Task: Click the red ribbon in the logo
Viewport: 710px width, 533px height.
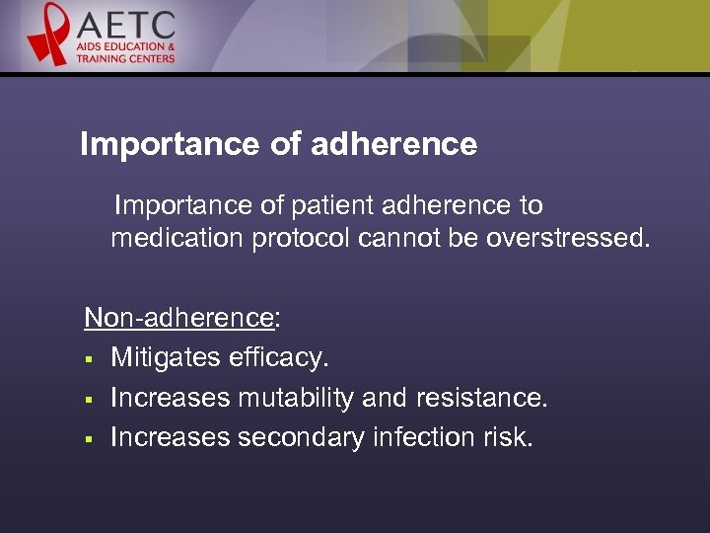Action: [47, 34]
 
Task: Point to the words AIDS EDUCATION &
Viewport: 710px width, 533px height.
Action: [127, 46]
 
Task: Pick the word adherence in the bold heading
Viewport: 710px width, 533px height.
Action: [393, 145]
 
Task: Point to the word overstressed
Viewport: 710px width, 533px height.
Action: [568, 238]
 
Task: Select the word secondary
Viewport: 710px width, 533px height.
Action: [302, 437]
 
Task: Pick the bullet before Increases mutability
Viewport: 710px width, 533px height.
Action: [88, 399]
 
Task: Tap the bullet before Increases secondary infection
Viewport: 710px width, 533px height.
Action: [88, 439]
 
